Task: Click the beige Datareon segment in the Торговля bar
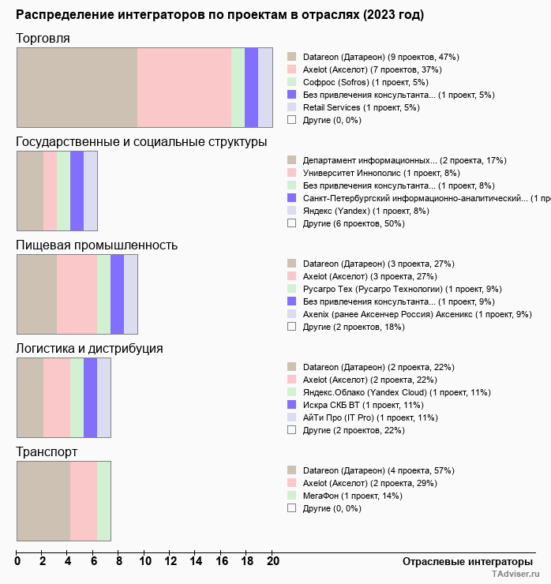(77, 87)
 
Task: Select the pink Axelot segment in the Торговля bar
(184, 87)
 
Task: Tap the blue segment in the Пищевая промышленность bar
(117, 294)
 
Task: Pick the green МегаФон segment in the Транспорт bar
(103, 501)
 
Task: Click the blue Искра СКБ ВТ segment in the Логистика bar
(90, 398)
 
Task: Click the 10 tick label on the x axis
(145, 561)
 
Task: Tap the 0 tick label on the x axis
(17, 561)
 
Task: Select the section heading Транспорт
(47, 452)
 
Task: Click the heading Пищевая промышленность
(96, 245)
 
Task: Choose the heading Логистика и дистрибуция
(89, 349)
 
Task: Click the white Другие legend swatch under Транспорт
(291, 508)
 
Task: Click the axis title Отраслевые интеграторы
(463, 561)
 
